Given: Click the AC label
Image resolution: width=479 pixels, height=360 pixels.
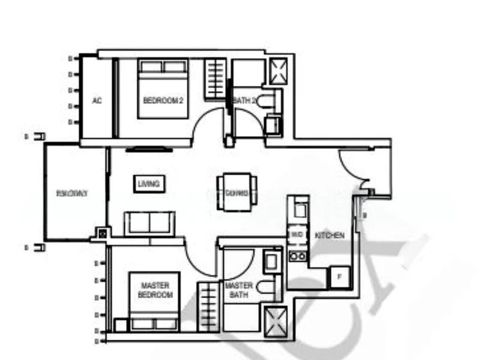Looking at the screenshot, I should coord(97,101).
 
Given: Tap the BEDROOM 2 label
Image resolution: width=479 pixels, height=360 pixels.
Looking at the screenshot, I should coord(163,100).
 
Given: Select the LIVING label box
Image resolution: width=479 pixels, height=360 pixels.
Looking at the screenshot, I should coord(148,184).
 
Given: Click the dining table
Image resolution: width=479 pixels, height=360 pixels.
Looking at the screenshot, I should coord(236,193).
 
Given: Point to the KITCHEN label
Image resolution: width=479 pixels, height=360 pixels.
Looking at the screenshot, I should coord(330,236).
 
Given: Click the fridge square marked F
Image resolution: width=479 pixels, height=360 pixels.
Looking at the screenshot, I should coord(339,277).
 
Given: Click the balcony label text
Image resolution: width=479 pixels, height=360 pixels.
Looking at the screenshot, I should coord(72,193).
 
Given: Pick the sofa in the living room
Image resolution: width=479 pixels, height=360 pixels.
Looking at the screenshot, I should coord(149,223).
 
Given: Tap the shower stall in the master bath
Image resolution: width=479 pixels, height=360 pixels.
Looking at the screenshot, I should coord(277,318).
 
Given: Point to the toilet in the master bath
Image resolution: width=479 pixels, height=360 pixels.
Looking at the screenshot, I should coord(267,287).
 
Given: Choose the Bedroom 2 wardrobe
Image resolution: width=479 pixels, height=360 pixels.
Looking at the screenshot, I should coord(215,79).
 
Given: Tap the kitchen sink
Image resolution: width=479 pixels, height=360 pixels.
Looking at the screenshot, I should coord(299,210).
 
